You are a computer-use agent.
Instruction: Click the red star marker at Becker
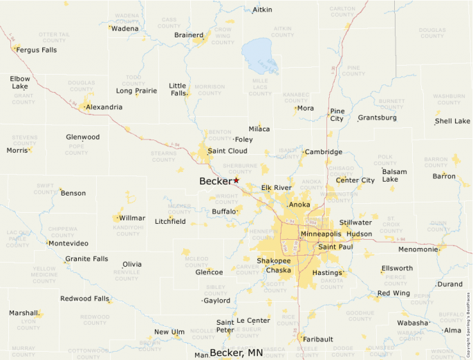236,180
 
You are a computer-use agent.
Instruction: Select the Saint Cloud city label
227,151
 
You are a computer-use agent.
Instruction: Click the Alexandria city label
104,107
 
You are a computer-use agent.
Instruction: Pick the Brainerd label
188,35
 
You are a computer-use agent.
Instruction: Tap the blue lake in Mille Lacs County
260,55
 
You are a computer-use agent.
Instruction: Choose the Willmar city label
132,218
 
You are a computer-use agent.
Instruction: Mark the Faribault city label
318,339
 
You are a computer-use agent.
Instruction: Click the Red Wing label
393,294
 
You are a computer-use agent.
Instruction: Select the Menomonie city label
418,249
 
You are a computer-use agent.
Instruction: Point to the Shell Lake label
452,122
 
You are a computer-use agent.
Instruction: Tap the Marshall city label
24,313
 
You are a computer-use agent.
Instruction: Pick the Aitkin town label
262,10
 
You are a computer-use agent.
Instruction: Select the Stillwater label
355,222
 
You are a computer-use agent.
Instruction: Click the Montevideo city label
68,243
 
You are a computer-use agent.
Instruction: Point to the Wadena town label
125,28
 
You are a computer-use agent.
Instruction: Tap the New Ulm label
169,332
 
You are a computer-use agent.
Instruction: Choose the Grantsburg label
377,117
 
